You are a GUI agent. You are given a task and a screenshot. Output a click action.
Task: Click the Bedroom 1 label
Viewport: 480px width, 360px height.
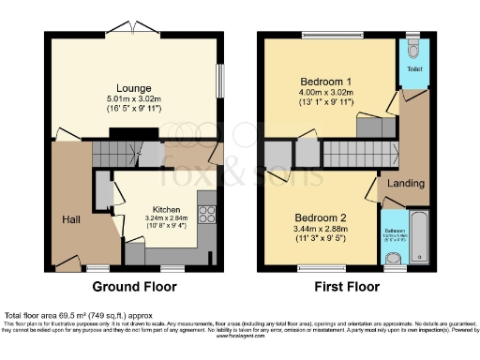pos(327,81)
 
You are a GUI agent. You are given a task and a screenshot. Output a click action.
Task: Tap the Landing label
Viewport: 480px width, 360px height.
pos(406,183)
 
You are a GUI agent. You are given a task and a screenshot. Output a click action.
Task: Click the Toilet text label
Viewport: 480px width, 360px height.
pos(414,69)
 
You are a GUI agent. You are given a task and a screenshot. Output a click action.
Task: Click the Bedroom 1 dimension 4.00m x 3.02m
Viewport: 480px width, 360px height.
pos(327,93)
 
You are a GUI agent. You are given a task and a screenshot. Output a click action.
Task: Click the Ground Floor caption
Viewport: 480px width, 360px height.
pos(129,288)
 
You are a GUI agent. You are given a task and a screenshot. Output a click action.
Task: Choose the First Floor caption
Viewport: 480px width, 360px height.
pos(346,288)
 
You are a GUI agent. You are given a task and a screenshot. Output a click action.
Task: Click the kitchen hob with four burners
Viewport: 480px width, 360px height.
pos(207,213)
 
